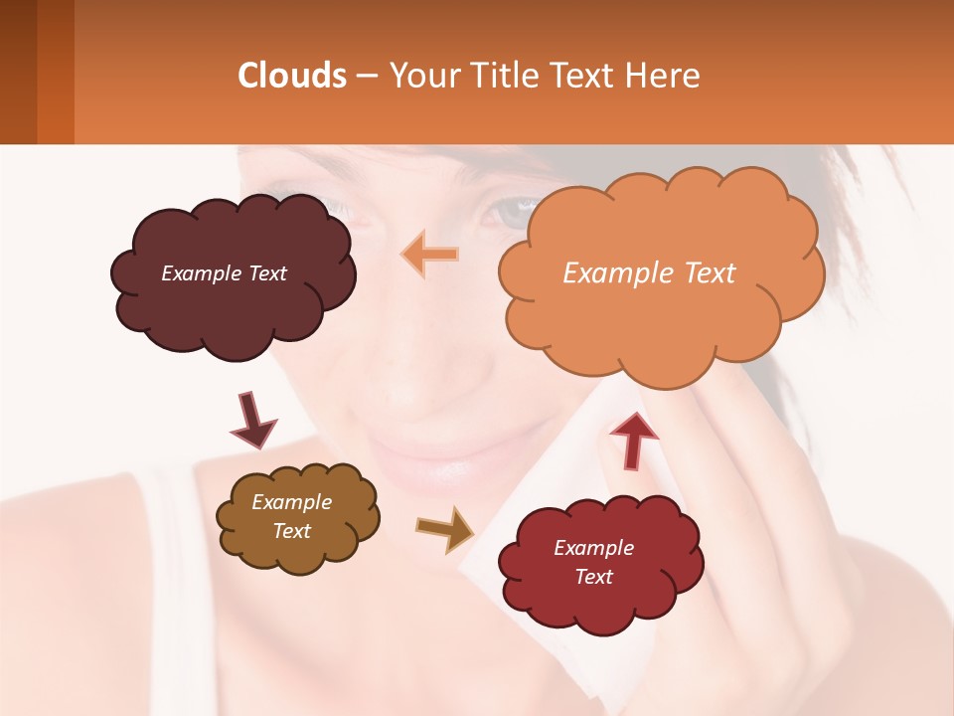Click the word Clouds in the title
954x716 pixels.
tap(292, 76)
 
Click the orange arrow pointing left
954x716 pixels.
tap(430, 255)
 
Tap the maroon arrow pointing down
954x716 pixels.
tap(252, 420)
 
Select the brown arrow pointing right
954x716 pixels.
tap(445, 528)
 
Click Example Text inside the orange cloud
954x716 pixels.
tap(649, 273)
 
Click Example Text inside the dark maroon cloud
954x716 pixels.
tap(224, 273)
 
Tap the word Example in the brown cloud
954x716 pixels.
tap(291, 502)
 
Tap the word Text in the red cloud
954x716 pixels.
tap(593, 577)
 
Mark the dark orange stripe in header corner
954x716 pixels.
tap(55, 72)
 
